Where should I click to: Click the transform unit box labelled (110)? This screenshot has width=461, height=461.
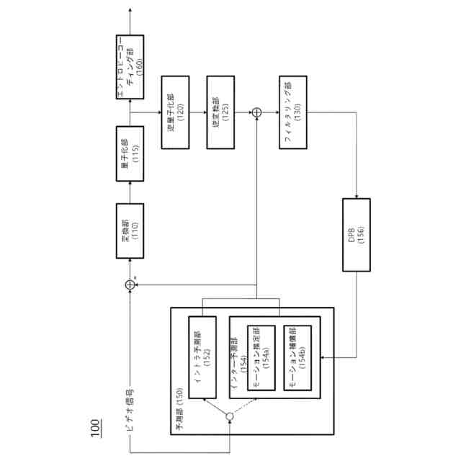[130, 231]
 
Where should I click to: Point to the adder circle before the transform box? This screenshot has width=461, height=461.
[130, 285]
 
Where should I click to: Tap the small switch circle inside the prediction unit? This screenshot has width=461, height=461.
[230, 417]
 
